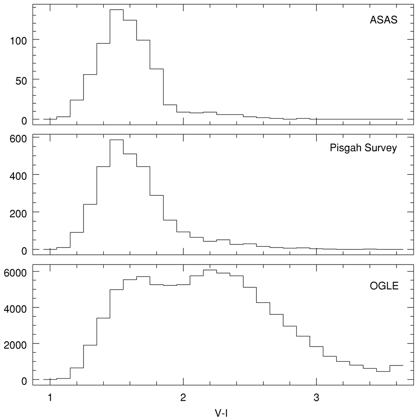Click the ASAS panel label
(x=383, y=20)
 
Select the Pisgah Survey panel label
(x=363, y=148)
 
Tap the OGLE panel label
(x=384, y=286)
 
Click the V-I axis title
(x=221, y=413)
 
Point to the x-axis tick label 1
(x=50, y=398)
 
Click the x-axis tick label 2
(x=183, y=398)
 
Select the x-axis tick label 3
(x=316, y=398)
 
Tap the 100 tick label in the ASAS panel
(x=18, y=41)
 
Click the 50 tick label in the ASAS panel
(x=21, y=81)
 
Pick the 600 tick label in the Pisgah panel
(x=18, y=139)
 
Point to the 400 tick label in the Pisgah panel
(x=18, y=176)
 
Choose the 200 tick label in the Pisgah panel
(x=18, y=214)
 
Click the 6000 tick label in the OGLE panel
(x=15, y=273)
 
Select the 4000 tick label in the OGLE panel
(x=15, y=309)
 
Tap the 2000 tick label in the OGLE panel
(x=15, y=345)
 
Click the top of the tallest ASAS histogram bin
(x=116, y=10)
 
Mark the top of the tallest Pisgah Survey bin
(x=116, y=140)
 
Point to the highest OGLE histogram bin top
(x=210, y=270)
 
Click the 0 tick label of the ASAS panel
(x=24, y=121)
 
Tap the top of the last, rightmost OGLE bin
(x=396, y=365)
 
